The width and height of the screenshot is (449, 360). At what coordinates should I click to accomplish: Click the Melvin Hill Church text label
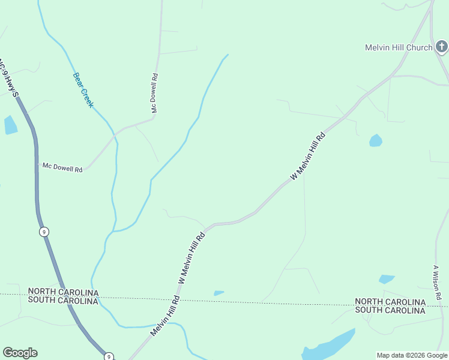(x=399, y=47)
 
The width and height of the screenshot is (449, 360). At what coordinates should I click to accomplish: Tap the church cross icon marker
(x=441, y=47)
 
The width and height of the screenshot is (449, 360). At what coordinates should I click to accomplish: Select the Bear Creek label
(x=83, y=90)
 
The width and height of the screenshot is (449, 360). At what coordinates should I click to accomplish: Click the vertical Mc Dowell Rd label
(x=154, y=94)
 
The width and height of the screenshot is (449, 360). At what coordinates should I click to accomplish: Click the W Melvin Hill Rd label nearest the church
(x=307, y=156)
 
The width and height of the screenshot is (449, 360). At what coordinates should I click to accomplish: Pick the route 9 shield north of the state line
(x=44, y=232)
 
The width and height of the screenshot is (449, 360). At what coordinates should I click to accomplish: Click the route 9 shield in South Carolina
(x=109, y=356)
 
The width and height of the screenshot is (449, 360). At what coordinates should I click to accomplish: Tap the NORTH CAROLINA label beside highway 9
(x=63, y=292)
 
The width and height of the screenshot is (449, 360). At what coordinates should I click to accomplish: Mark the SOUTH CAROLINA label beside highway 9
(x=63, y=301)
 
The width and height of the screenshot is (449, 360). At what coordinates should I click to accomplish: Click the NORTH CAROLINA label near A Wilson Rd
(x=390, y=301)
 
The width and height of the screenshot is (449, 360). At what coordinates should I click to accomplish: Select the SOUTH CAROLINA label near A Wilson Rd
(x=390, y=310)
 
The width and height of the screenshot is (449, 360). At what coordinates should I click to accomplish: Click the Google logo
(x=20, y=353)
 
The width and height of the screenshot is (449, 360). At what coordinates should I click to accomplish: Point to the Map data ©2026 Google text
(x=412, y=355)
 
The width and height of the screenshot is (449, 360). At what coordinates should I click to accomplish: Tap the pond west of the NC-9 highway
(x=10, y=125)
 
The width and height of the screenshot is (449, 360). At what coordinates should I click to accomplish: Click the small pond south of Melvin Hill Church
(x=376, y=141)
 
